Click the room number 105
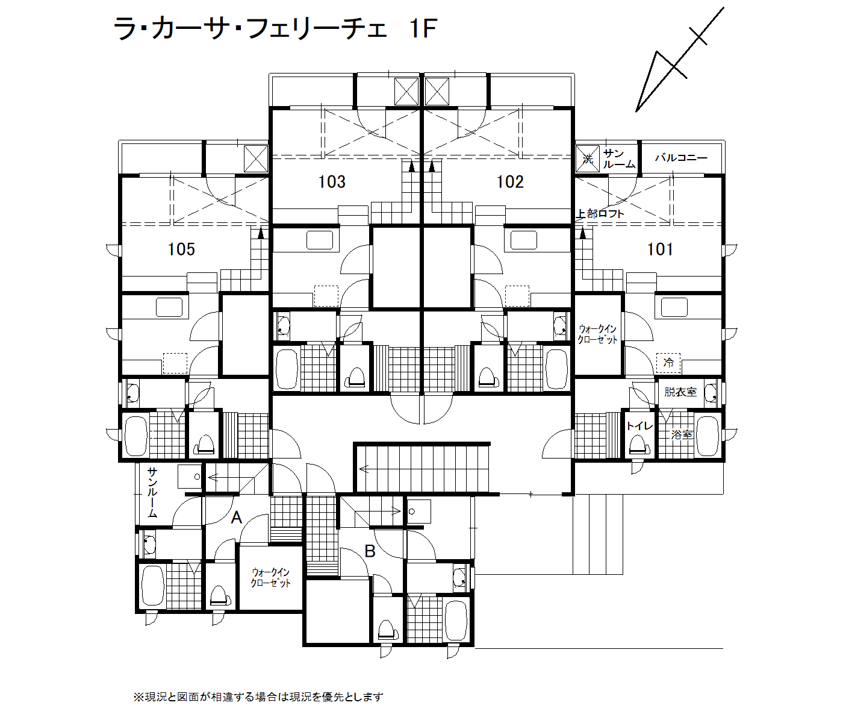181,249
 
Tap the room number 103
332,181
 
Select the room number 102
510,181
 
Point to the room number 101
660,249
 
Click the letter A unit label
237,518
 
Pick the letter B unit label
370,551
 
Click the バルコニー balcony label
681,158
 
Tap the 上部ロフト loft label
600,214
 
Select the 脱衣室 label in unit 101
680,392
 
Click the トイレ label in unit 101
639,426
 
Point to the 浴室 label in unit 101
682,435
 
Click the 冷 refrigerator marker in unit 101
668,362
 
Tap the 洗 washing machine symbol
587,158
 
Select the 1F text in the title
423,29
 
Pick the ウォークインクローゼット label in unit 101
597,334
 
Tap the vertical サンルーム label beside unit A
152,493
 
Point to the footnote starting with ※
258,697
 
